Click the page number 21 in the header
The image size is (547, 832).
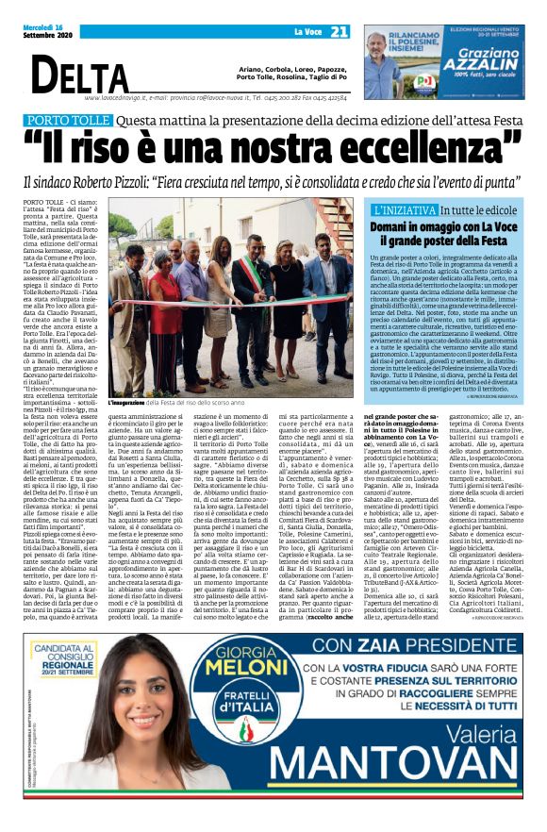pos(339,31)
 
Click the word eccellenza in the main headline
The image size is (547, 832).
pos(422,147)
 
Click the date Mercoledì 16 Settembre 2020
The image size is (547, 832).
pos(35,31)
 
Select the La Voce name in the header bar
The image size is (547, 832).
pos(307,32)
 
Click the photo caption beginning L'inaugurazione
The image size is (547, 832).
pos(178,401)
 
